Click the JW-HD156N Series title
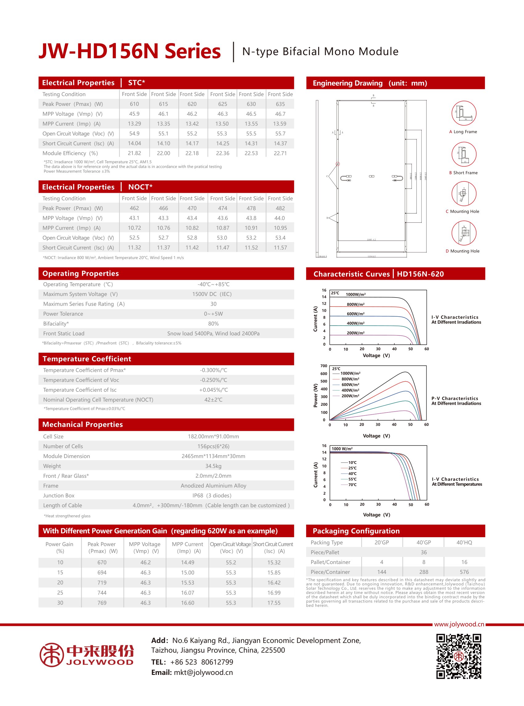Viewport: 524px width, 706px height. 129,51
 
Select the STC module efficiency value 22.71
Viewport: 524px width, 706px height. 280,153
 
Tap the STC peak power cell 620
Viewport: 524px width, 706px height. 192,104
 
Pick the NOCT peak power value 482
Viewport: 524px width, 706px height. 280,208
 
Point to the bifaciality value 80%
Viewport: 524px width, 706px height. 213,324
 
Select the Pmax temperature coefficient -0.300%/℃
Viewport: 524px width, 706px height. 213,371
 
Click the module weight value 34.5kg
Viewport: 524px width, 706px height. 213,466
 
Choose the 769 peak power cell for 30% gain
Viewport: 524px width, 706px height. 102,603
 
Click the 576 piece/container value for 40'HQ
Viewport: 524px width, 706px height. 464,572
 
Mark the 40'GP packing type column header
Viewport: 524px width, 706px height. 424,543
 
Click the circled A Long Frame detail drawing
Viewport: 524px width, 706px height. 464,113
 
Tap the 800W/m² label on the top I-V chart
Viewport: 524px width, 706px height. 355,304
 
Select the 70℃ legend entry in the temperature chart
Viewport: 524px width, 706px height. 352,485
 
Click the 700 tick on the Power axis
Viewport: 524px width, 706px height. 323,366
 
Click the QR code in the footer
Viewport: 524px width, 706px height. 459,656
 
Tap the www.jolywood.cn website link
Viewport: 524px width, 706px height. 459,624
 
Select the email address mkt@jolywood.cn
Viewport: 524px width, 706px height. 203,673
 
